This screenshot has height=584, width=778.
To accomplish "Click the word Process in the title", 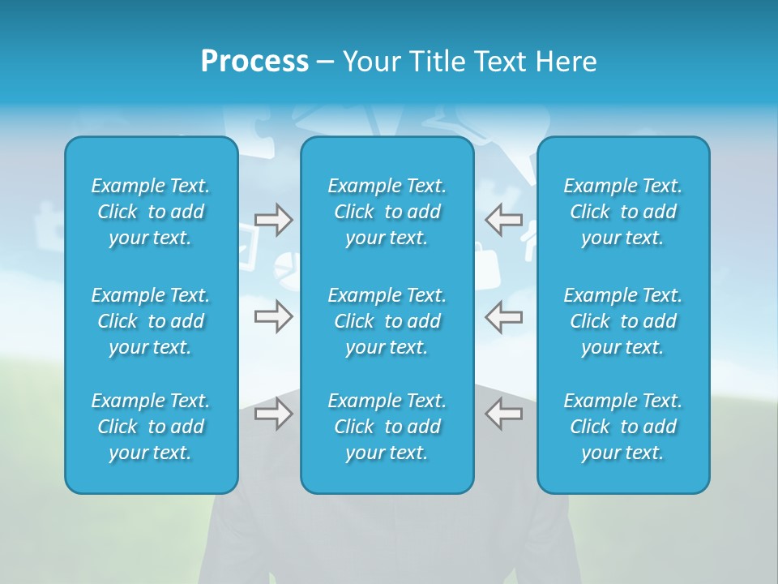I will click(254, 62).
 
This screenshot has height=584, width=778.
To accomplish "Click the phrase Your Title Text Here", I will click(470, 62).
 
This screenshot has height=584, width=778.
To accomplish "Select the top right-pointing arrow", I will click(274, 221).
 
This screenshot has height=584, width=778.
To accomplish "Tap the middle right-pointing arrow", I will click(274, 316).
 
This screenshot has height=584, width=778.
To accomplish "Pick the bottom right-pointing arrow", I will click(274, 414).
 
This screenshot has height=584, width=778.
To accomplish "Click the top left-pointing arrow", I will click(503, 221).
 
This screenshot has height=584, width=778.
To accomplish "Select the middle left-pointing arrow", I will click(503, 316).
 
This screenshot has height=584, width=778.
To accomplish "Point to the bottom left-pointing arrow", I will click(503, 414).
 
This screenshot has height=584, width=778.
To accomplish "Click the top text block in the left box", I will click(151, 212).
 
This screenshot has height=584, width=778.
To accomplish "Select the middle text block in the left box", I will click(151, 321).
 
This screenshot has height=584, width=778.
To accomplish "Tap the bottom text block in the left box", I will click(151, 427).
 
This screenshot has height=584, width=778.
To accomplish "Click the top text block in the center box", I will click(387, 212).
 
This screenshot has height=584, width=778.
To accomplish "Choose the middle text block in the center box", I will click(387, 321).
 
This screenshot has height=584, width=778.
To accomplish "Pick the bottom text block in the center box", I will click(387, 427).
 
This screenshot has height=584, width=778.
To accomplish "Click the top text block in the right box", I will click(623, 212).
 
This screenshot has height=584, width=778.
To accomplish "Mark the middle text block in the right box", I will click(623, 321).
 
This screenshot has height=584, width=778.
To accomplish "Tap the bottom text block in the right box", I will click(623, 427).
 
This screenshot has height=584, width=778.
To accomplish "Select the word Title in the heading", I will click(438, 62).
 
